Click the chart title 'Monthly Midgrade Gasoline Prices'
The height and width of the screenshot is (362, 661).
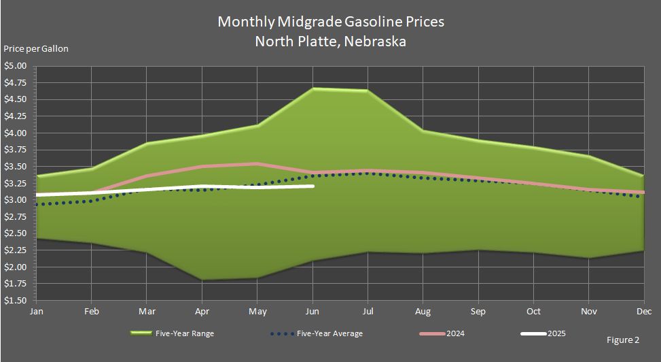331,22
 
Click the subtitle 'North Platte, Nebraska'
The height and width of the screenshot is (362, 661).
330,42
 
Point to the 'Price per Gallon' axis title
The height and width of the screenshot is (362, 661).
36,48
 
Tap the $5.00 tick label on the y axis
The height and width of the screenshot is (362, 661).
15,66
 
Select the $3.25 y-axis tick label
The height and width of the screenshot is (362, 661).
15,183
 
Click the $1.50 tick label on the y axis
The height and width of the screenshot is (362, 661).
15,301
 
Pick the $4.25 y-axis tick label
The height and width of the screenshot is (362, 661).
15,116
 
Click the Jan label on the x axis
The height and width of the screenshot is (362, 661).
36,312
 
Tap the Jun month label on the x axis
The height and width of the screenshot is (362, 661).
312,312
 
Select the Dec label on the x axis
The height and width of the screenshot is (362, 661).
645,312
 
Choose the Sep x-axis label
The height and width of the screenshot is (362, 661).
478,312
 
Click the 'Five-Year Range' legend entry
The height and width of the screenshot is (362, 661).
173,333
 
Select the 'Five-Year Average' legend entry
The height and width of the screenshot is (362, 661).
316,333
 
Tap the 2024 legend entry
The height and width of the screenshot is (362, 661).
442,333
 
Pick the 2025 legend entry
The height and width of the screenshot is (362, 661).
543,333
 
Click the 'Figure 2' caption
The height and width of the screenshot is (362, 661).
623,340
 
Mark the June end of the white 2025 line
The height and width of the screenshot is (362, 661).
312,186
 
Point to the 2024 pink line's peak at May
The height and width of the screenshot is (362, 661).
257,164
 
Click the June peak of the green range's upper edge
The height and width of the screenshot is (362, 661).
312,88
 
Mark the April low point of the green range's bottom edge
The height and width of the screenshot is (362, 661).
202,280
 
